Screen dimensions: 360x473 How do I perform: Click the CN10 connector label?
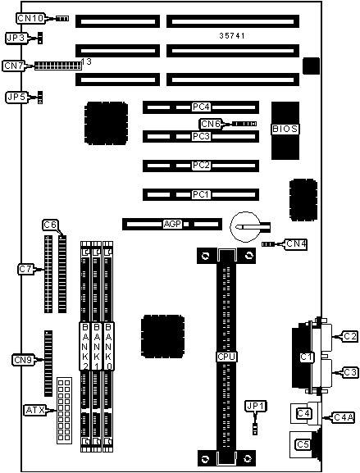(x=30, y=18)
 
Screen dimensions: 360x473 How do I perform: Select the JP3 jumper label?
(x=16, y=39)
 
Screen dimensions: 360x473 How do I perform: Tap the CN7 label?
(x=14, y=66)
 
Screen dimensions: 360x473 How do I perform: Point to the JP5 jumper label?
(x=16, y=97)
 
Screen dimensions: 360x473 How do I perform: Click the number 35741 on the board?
(x=232, y=36)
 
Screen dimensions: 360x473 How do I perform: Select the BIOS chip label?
(x=285, y=129)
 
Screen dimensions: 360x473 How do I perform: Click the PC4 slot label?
(x=201, y=107)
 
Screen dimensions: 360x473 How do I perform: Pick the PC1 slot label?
(x=201, y=194)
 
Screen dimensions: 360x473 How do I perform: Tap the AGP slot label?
(x=172, y=224)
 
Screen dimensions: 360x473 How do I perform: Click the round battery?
(x=245, y=226)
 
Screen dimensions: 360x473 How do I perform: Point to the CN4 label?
(x=296, y=243)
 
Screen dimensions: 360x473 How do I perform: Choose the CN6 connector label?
(x=210, y=124)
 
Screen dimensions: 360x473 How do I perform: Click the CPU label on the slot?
(x=226, y=357)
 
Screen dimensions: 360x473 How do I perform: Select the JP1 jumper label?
(x=255, y=407)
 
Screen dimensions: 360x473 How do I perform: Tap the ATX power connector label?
(x=35, y=410)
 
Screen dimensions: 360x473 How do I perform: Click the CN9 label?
(x=23, y=360)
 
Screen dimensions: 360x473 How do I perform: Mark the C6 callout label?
(x=50, y=225)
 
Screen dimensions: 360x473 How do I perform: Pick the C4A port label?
(x=344, y=417)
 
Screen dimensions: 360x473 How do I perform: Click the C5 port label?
(x=303, y=444)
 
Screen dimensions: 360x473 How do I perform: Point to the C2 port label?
(x=349, y=336)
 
